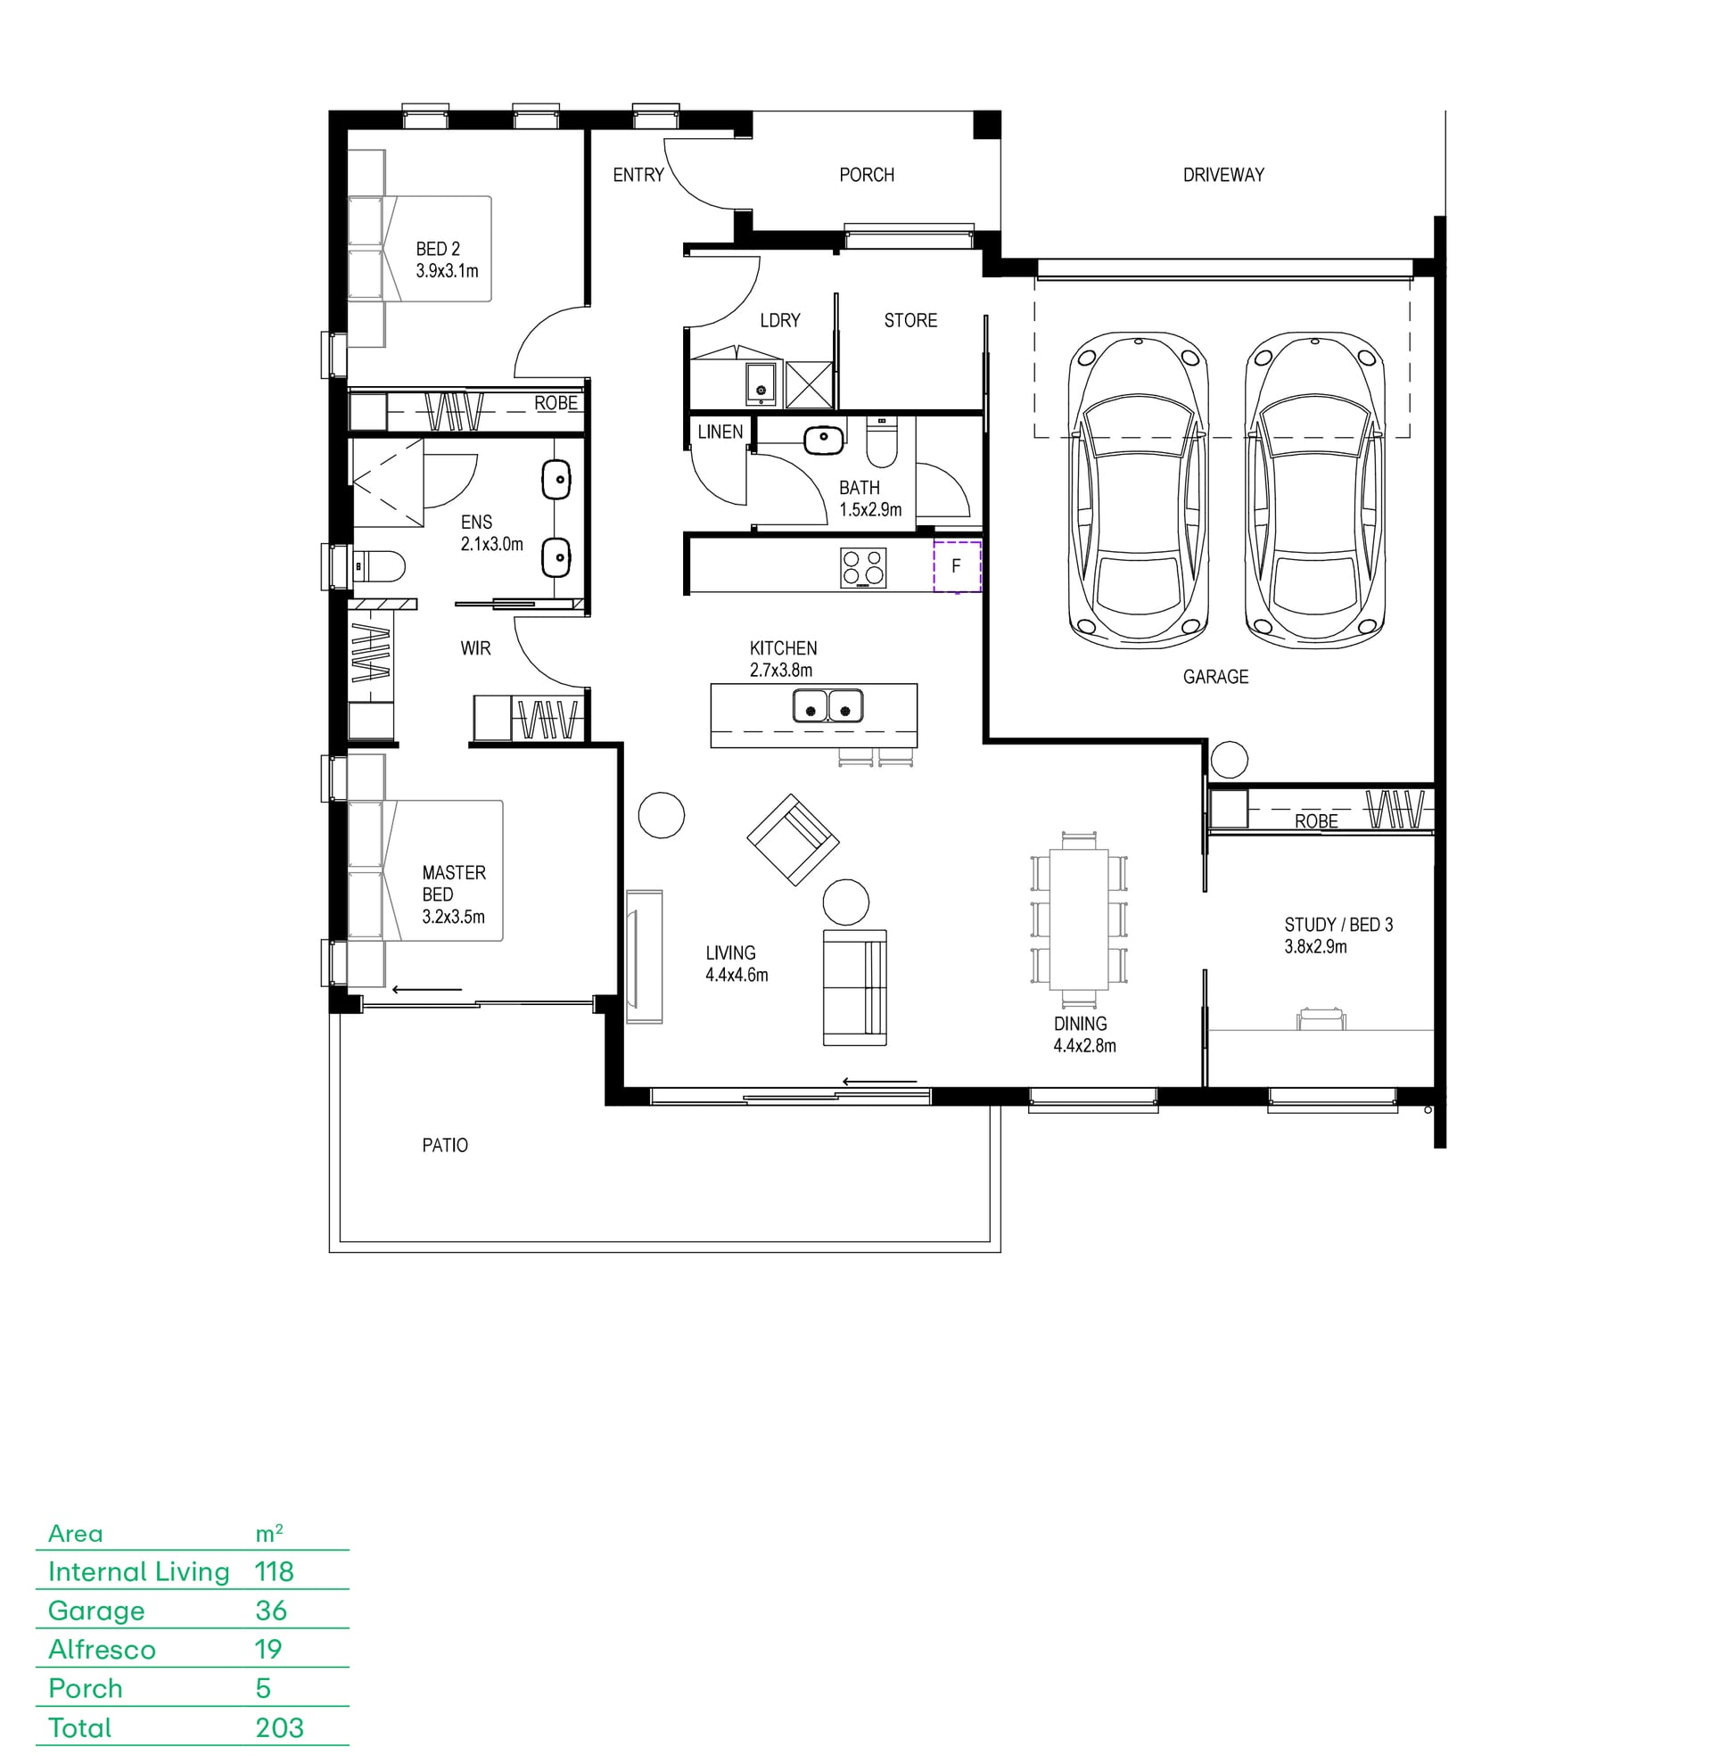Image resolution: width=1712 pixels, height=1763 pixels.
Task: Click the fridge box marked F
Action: [956, 565]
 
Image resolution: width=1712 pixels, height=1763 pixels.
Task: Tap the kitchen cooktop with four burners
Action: [863, 567]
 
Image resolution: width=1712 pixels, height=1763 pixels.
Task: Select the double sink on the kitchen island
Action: [827, 705]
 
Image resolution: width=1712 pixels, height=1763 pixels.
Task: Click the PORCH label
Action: [867, 175]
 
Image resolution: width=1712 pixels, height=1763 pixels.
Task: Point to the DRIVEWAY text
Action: [1223, 175]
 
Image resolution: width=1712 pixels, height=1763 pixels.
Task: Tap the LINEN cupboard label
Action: [720, 432]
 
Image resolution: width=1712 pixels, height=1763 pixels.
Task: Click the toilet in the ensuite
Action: [379, 566]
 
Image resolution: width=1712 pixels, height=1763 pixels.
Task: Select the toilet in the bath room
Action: [882, 441]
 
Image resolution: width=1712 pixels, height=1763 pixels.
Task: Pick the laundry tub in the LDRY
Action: [761, 383]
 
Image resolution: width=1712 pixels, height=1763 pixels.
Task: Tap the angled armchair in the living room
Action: [793, 839]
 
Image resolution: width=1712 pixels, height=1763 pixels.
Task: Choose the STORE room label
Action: [910, 320]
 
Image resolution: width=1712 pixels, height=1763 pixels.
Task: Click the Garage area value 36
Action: [271, 1611]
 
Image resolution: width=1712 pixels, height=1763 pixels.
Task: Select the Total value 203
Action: [279, 1727]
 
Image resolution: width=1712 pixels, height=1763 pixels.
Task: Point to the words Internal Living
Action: [138, 1571]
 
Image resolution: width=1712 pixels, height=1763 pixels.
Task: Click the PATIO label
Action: [445, 1145]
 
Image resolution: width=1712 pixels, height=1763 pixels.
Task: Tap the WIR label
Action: [476, 647]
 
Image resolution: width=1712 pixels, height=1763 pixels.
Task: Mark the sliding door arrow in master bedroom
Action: [427, 990]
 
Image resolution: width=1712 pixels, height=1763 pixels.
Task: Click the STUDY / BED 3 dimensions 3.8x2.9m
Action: [1315, 946]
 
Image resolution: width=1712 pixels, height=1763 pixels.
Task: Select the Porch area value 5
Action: [263, 1688]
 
